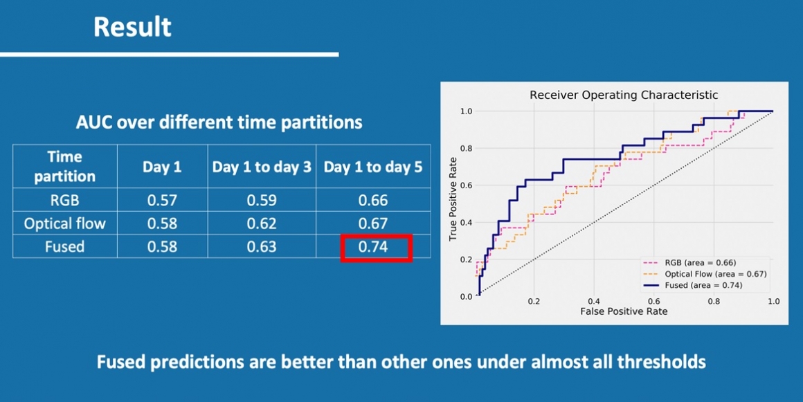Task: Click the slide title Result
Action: (x=132, y=27)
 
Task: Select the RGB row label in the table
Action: (x=64, y=201)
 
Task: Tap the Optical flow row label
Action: (x=64, y=223)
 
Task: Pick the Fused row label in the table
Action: (x=64, y=247)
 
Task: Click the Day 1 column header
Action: (x=162, y=167)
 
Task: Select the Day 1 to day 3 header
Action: (x=262, y=167)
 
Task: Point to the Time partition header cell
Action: (x=64, y=167)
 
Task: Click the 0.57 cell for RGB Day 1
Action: (x=162, y=201)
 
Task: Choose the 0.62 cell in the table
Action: (x=262, y=223)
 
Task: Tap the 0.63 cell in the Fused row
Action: (x=262, y=247)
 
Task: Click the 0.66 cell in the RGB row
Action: (x=374, y=201)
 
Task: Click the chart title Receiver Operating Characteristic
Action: (x=623, y=95)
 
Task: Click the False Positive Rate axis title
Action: (x=624, y=311)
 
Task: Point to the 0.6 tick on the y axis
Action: (x=466, y=185)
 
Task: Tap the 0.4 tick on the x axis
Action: (x=594, y=302)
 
